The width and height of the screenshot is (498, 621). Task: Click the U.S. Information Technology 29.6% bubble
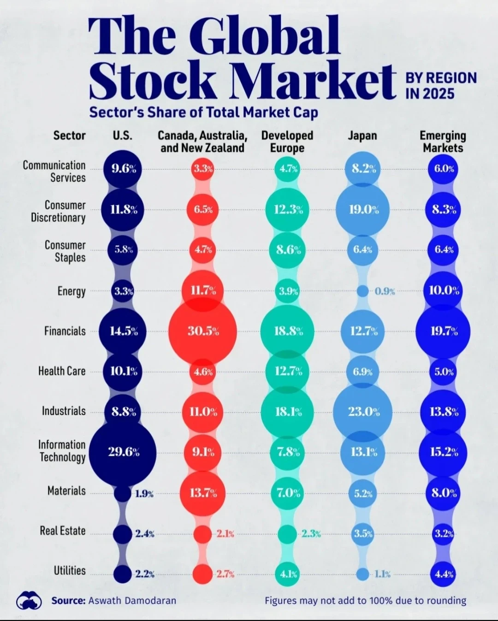pyautogui.click(x=123, y=452)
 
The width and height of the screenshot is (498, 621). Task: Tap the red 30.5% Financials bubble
pyautogui.click(x=202, y=331)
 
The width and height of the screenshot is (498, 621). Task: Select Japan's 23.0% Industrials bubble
pyautogui.click(x=363, y=412)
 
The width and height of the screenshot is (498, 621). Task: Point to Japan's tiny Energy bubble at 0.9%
pyautogui.click(x=363, y=291)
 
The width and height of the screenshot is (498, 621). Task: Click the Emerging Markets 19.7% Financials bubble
pyautogui.click(x=443, y=331)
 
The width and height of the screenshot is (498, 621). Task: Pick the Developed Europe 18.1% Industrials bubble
pyautogui.click(x=288, y=412)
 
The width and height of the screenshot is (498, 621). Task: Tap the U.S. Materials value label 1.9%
pyautogui.click(x=144, y=494)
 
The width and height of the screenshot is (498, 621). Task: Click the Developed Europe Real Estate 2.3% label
pyautogui.click(x=311, y=534)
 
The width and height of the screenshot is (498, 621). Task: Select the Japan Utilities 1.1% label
pyautogui.click(x=383, y=574)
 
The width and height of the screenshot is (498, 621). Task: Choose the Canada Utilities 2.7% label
pyautogui.click(x=225, y=574)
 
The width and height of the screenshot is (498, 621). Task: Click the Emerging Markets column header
pyautogui.click(x=443, y=142)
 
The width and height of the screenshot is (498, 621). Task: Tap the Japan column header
pyautogui.click(x=362, y=136)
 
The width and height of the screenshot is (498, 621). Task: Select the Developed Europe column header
pyautogui.click(x=287, y=142)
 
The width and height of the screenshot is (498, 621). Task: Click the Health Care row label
pyautogui.click(x=62, y=371)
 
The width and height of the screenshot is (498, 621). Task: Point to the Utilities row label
pyautogui.click(x=70, y=571)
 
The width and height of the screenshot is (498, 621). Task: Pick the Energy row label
pyautogui.click(x=71, y=291)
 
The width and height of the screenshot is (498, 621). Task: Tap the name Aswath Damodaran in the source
pyautogui.click(x=132, y=601)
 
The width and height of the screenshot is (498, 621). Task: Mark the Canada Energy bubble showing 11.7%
pyautogui.click(x=203, y=291)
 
